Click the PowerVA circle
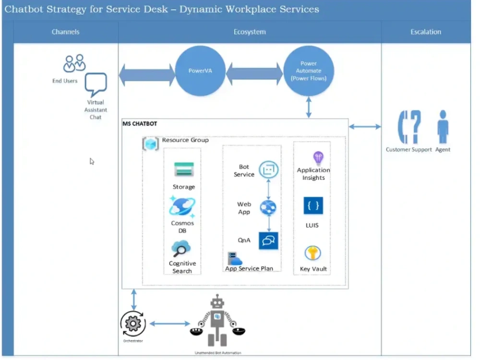200,71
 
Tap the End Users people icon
74,63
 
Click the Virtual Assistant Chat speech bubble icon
96,85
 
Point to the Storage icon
183,169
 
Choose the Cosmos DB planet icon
182,206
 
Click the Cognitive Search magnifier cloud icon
181,249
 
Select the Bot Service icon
268,169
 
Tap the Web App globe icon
268,208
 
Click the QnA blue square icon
268,240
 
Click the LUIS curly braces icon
313,206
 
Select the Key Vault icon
313,253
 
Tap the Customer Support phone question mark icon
409,127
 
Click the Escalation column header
426,32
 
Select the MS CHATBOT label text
140,124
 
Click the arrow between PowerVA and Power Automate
254,74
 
